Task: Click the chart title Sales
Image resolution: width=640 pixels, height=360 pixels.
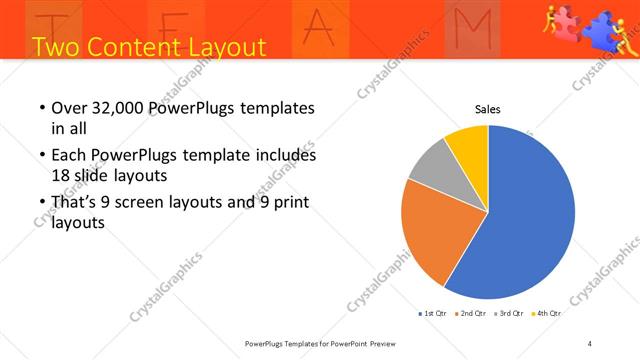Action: pyautogui.click(x=487, y=110)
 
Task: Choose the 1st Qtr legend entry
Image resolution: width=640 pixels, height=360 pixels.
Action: pyautogui.click(x=433, y=313)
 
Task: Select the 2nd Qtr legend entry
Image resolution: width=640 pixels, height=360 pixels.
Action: pyautogui.click(x=471, y=313)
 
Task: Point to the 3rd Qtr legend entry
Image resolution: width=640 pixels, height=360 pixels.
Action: pyautogui.click(x=509, y=313)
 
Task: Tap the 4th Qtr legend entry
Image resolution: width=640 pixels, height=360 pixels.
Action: pyautogui.click(x=546, y=313)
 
